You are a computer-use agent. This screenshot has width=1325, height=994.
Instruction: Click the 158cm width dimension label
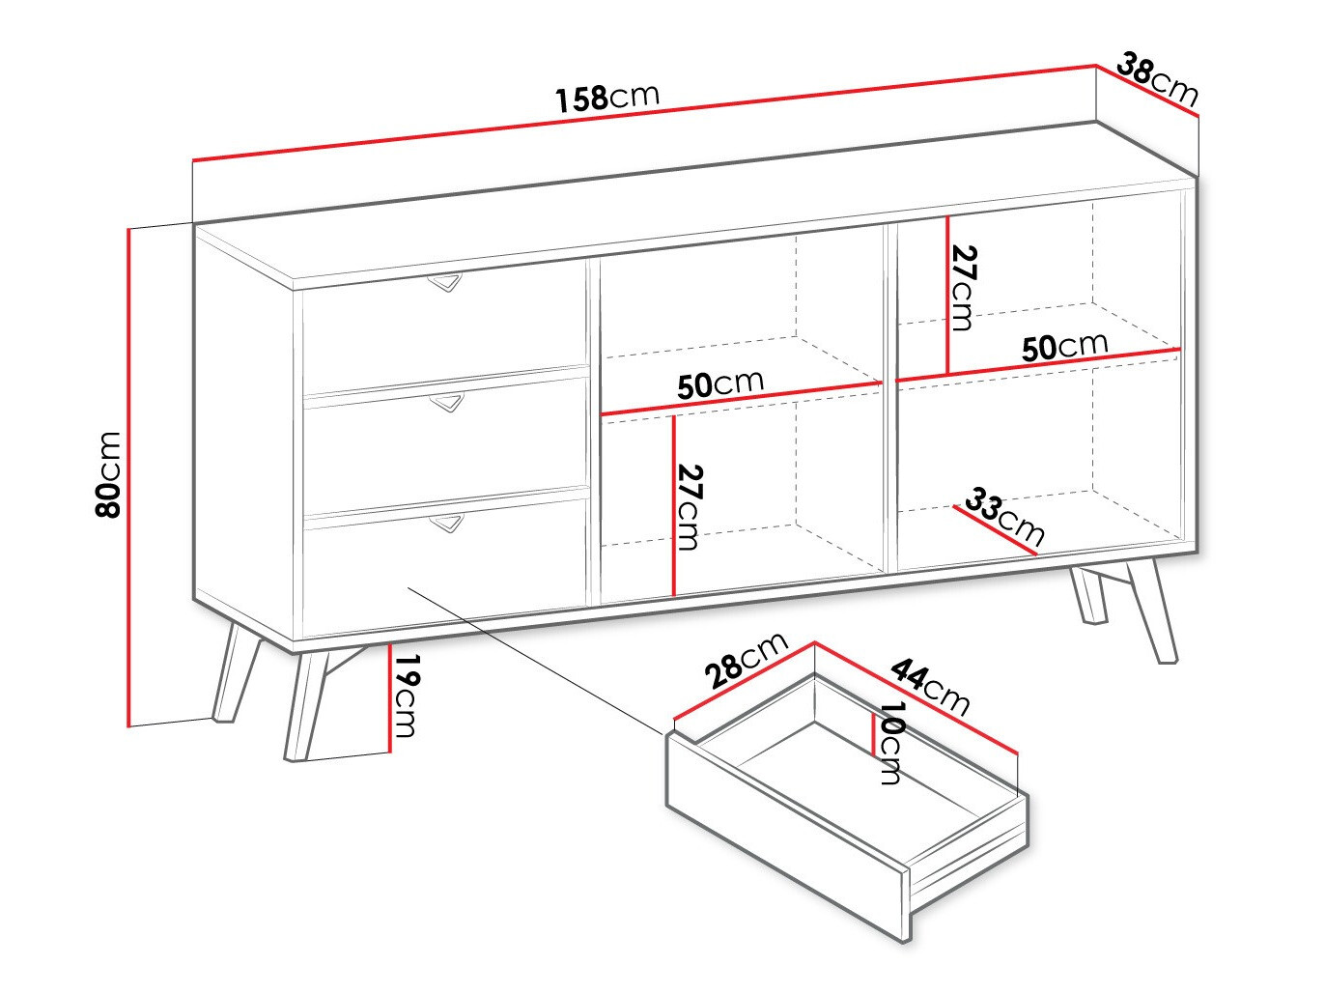(607, 98)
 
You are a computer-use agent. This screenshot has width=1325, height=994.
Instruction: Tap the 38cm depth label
(1157, 79)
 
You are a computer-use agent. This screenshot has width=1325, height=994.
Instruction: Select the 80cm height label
(109, 474)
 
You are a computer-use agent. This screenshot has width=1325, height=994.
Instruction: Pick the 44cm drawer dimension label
(930, 686)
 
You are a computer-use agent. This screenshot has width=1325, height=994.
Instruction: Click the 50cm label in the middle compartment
(720, 384)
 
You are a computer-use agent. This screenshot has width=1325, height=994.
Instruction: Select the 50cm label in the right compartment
(1065, 346)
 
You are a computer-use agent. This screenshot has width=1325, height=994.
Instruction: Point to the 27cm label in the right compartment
(962, 288)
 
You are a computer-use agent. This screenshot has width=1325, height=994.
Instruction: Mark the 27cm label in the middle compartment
(689, 507)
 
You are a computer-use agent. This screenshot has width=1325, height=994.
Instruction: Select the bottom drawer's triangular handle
(447, 524)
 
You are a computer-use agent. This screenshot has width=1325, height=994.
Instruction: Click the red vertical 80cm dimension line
(128, 477)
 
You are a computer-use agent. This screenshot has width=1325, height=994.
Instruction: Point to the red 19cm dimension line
(390, 698)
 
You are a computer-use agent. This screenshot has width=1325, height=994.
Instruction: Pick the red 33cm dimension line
(995, 529)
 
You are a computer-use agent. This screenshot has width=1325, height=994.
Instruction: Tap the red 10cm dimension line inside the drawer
(873, 734)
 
